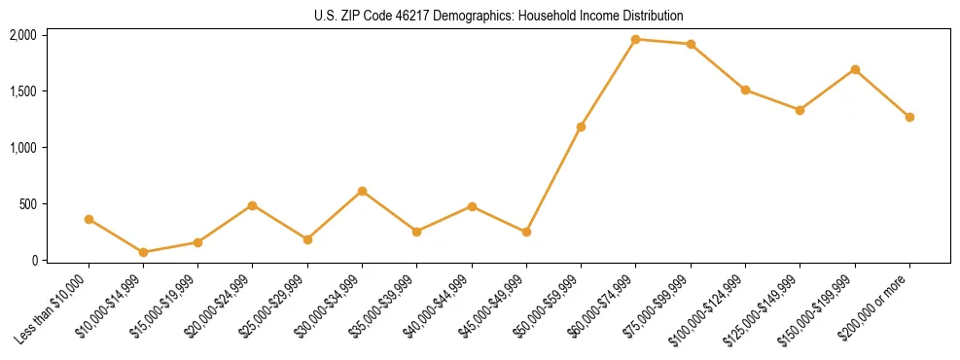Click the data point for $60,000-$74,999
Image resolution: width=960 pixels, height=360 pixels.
click(636, 39)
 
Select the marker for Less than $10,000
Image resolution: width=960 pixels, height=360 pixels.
click(89, 219)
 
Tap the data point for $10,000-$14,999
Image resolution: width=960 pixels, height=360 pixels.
click(143, 252)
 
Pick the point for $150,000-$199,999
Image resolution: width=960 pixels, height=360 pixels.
click(855, 69)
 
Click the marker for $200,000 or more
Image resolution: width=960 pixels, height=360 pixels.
click(909, 117)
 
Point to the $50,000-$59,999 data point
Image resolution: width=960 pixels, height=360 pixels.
click(581, 126)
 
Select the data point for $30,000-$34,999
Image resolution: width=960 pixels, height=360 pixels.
click(362, 191)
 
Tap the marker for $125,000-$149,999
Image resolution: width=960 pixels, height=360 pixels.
click(800, 110)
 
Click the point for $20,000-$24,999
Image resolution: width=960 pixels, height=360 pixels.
click(253, 205)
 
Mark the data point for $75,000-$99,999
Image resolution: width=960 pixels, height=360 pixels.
click(691, 44)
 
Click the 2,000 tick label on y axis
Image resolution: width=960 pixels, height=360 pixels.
click(23, 35)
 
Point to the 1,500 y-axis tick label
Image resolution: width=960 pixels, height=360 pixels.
click(23, 91)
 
